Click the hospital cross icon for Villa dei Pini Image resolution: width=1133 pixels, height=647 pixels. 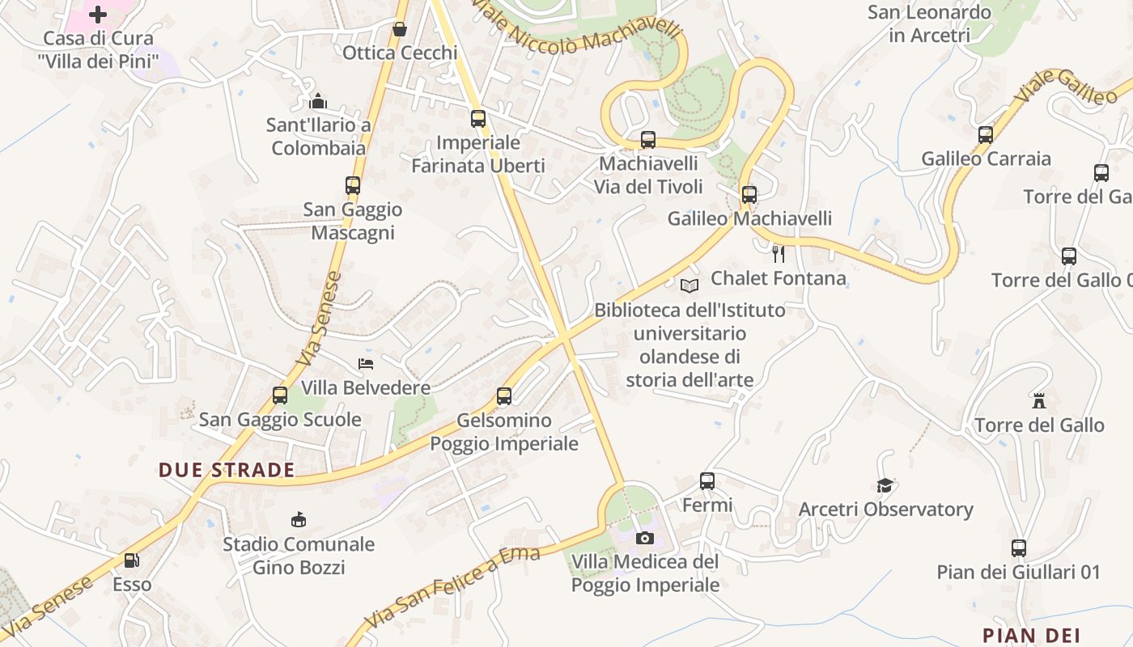[x=98, y=14]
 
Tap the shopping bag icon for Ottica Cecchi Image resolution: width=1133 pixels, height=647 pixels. [x=400, y=30]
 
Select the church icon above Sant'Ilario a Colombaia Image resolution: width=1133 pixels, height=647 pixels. [x=318, y=101]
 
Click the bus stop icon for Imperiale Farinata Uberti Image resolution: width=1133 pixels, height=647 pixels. [x=478, y=119]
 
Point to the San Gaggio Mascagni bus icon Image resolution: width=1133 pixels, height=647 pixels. [x=353, y=185]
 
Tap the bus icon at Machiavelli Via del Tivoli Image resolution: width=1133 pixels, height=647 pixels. [x=648, y=140]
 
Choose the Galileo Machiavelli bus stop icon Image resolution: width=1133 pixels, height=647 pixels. [x=749, y=195]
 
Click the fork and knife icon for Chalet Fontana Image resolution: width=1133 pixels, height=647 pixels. [x=779, y=255]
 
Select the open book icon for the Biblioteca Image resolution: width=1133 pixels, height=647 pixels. [x=690, y=285]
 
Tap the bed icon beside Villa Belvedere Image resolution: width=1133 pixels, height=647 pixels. [x=367, y=364]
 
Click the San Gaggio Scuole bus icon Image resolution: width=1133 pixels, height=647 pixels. [x=280, y=395]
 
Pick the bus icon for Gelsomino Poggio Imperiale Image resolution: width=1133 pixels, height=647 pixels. [x=504, y=396]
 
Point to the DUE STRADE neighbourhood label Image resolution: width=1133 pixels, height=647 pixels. [x=227, y=470]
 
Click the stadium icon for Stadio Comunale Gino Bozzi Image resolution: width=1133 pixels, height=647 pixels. [x=299, y=519]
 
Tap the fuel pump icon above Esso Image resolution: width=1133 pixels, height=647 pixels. [x=131, y=560]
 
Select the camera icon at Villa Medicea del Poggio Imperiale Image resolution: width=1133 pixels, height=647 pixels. [x=645, y=538]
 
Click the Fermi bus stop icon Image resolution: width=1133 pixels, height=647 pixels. [x=707, y=481]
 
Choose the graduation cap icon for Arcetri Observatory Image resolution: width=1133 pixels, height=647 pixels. [x=885, y=485]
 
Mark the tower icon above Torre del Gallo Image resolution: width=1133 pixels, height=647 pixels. [x=1039, y=400]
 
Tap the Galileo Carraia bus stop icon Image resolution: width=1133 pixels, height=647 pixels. [x=986, y=135]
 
